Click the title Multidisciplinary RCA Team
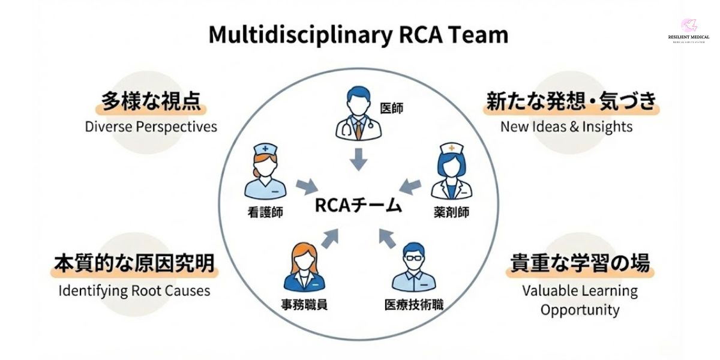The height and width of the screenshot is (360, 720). click(358, 35)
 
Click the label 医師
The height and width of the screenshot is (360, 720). click(392, 109)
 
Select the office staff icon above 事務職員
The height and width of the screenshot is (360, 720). click(304, 268)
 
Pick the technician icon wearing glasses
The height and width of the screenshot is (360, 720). click(413, 268)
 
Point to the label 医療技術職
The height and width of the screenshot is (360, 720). click(413, 304)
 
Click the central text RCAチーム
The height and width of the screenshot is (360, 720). click(358, 206)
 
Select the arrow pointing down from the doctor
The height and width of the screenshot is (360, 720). click(358, 158)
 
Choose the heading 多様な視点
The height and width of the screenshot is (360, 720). click(151, 102)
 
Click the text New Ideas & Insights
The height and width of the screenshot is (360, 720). click(566, 127)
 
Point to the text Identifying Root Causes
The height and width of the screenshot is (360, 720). click(134, 291)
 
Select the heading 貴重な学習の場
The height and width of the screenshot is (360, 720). click(580, 264)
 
